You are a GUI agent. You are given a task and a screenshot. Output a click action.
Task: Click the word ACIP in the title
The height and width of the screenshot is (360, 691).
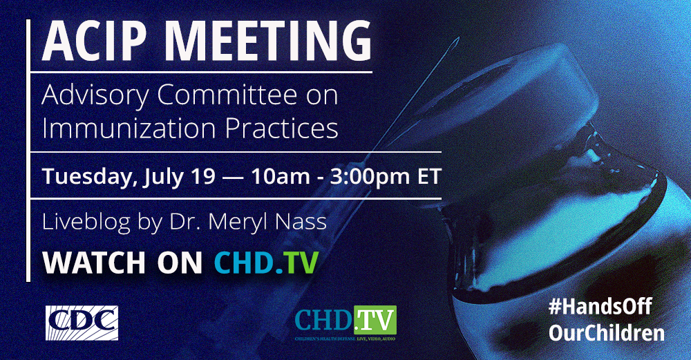(94, 40)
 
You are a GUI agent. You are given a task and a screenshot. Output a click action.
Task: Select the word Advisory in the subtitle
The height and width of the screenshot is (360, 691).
(95, 95)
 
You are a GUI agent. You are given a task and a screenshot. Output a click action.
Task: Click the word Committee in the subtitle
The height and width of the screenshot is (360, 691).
(227, 94)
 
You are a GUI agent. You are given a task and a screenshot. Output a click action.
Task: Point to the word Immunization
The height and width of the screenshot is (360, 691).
(129, 128)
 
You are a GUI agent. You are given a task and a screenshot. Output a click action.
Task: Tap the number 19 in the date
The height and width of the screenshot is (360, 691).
(202, 176)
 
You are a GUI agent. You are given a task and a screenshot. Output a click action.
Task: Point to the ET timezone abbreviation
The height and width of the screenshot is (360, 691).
(429, 176)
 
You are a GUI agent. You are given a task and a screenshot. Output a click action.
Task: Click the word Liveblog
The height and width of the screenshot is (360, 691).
(86, 222)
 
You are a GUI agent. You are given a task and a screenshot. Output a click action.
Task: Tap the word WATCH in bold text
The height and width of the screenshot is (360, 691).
(94, 263)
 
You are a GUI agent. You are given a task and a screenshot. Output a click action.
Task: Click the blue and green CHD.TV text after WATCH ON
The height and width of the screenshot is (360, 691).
(266, 263)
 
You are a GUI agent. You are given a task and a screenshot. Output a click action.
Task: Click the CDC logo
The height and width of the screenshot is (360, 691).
(82, 323)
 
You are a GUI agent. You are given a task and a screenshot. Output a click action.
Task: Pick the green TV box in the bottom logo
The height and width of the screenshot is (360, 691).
(375, 321)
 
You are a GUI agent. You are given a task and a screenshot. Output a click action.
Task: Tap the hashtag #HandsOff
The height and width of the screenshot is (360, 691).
(600, 306)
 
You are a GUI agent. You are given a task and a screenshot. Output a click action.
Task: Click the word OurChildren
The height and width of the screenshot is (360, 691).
(607, 332)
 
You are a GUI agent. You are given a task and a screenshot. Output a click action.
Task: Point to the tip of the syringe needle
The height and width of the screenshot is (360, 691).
(458, 38)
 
